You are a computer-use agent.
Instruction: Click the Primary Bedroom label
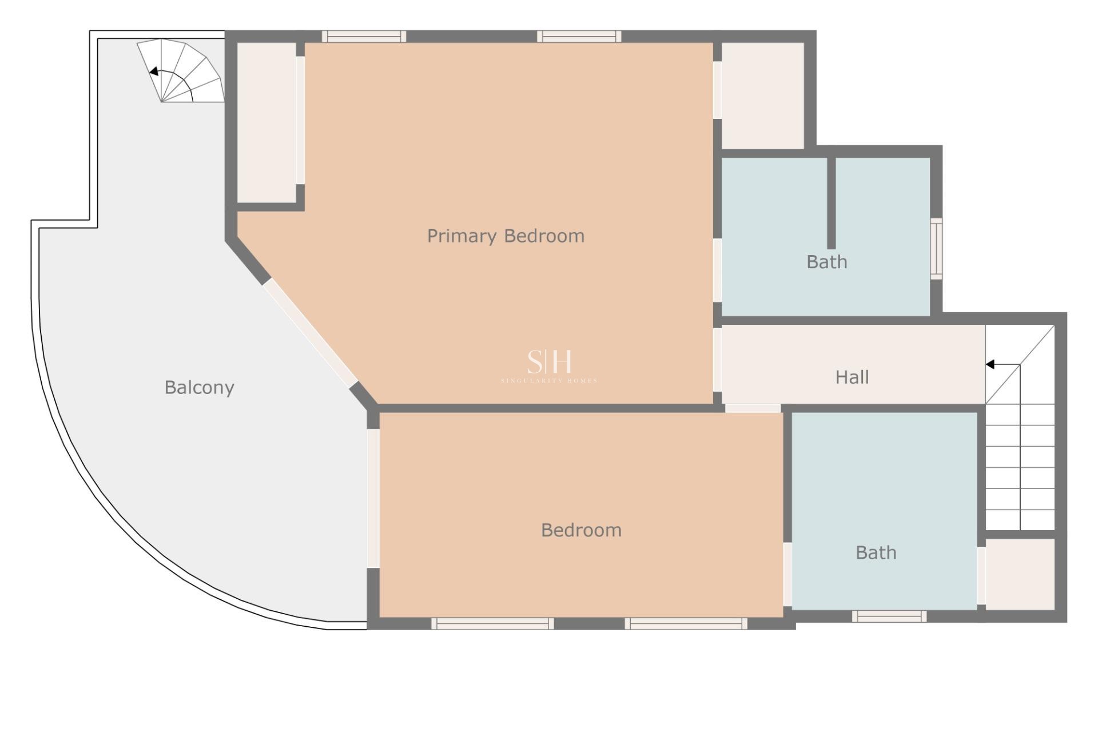(506, 236)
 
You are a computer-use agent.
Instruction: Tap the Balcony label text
(199, 387)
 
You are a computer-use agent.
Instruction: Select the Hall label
(852, 377)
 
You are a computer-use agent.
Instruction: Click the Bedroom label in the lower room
(581, 530)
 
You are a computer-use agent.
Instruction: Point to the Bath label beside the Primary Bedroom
(826, 262)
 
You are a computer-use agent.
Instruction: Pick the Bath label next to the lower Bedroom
(876, 552)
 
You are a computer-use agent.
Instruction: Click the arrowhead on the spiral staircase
(153, 71)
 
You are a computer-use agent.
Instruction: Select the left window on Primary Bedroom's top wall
(364, 37)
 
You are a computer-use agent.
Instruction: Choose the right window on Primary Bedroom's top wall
(579, 37)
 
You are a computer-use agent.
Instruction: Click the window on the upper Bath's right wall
(936, 249)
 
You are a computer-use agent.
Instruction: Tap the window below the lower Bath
(889, 616)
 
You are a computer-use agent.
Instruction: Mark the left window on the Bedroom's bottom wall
(492, 623)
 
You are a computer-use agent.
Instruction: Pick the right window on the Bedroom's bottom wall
(686, 623)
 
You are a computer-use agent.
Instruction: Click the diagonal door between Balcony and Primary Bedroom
(310, 333)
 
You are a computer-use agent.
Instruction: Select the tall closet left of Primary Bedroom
(266, 122)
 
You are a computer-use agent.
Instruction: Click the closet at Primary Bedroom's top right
(763, 96)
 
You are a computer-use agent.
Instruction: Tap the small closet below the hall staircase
(1020, 574)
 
